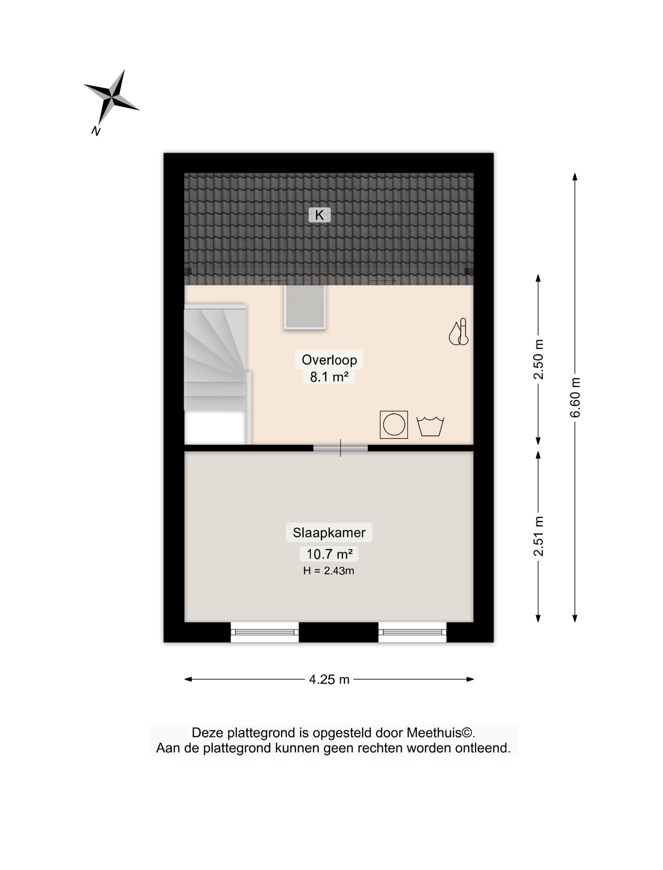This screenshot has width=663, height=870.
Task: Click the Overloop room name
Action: click(x=329, y=360)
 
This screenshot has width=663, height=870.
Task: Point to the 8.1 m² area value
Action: click(x=329, y=377)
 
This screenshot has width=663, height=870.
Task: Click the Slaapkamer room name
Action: click(x=329, y=533)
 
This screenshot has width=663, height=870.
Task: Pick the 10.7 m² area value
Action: click(x=329, y=554)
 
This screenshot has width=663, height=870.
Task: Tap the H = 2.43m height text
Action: click(x=328, y=571)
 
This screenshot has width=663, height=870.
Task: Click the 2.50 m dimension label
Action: click(x=538, y=359)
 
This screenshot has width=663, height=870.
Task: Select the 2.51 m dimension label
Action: click(x=538, y=536)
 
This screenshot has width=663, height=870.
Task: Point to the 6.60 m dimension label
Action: click(x=575, y=397)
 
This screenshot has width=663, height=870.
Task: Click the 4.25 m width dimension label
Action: click(x=329, y=679)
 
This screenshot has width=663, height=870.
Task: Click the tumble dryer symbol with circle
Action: click(x=394, y=425)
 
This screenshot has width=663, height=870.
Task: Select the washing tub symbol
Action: click(x=430, y=426)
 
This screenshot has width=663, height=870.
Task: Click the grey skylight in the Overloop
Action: click(x=305, y=307)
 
